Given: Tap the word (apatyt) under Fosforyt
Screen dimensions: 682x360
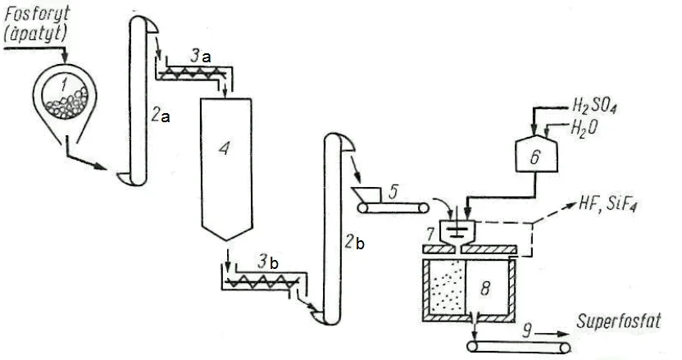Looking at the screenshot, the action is point(36,34).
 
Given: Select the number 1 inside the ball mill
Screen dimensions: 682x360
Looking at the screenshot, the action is point(64,84).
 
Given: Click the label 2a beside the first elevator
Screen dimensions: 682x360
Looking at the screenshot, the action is point(161,116).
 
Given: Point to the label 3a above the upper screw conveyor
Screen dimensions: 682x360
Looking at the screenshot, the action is point(201,56).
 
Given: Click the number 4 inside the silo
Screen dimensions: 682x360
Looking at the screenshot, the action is point(224,149).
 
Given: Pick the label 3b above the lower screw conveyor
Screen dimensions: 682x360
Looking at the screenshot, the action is point(267,262).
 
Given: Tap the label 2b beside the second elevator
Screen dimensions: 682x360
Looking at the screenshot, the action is point(354,243).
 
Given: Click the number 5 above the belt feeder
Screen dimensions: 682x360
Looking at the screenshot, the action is point(393,192).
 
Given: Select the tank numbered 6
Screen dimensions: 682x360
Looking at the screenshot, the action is point(536,153).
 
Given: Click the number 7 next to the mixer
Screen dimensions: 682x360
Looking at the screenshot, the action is point(430,235).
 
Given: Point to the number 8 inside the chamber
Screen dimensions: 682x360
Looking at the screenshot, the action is point(486,288).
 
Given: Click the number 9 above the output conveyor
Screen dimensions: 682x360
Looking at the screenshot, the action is point(527,332).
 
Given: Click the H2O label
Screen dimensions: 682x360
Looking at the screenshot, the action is point(584,128).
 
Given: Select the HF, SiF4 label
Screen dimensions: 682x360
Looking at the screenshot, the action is point(607,204).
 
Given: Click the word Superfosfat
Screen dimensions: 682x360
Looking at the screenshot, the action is point(619,321).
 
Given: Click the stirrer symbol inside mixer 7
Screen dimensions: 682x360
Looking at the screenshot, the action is point(456,226).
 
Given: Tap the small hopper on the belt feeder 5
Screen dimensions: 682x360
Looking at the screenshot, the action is point(366,194).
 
